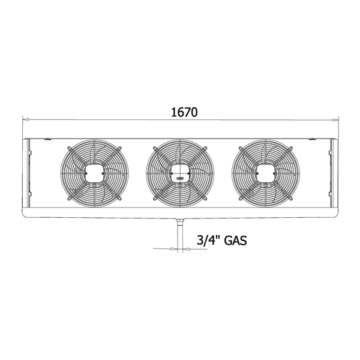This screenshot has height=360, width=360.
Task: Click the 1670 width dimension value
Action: (x=184, y=112)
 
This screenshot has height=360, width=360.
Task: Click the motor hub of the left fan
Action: (x=94, y=173)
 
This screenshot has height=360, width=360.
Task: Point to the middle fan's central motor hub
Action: (x=180, y=173)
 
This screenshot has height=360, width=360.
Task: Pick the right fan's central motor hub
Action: (x=266, y=173)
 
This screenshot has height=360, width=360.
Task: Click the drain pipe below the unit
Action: (x=180, y=236)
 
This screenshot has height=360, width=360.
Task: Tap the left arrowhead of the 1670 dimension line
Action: (x=26, y=119)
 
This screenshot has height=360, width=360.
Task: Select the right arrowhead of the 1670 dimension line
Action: (x=335, y=119)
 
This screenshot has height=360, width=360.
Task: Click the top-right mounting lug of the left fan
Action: (x=119, y=148)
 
